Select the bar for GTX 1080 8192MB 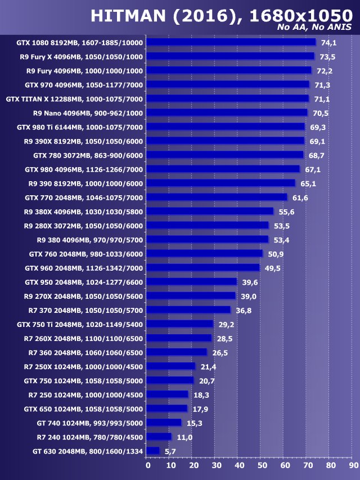pos(231,42)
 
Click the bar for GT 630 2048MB pos(152,451)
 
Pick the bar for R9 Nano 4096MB pos(227,113)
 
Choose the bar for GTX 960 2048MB pos(202,268)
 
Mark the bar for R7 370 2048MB pos(188,310)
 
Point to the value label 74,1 pos(328,43)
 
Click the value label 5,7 pos(170,451)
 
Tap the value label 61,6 pos(300,198)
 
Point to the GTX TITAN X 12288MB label pos(74,99)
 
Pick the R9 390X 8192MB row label pos(84,141)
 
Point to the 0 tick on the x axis pos(147,465)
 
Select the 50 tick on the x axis pos(262,465)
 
